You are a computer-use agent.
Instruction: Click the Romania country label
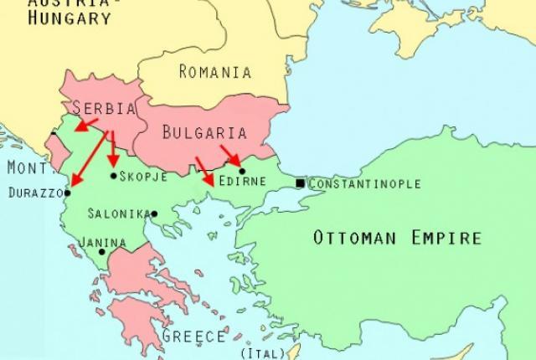(214, 71)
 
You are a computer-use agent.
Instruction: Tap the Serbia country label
(104, 109)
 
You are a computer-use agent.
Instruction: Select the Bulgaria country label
(204, 133)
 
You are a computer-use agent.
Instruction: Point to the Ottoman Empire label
(397, 238)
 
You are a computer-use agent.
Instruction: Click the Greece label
(193, 337)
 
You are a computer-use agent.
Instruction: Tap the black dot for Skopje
(113, 176)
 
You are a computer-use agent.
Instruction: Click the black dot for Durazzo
(68, 193)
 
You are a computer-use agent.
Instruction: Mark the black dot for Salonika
(154, 213)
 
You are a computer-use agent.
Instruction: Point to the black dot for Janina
(101, 251)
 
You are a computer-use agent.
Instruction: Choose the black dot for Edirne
(242, 171)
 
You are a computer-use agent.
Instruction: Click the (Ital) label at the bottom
(256, 353)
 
